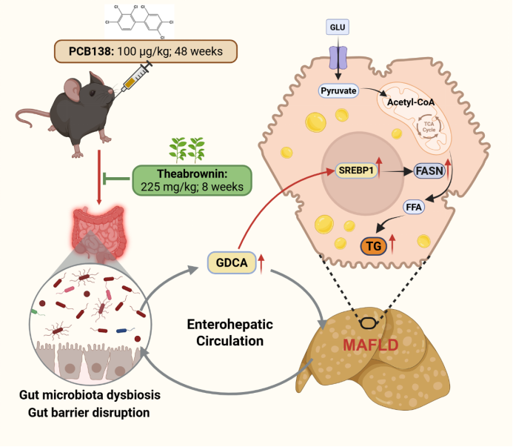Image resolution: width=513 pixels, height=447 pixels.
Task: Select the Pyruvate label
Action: [338, 91]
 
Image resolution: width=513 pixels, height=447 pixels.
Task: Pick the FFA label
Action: [413, 208]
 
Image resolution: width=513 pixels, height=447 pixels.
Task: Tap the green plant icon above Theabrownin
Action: [187, 149]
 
